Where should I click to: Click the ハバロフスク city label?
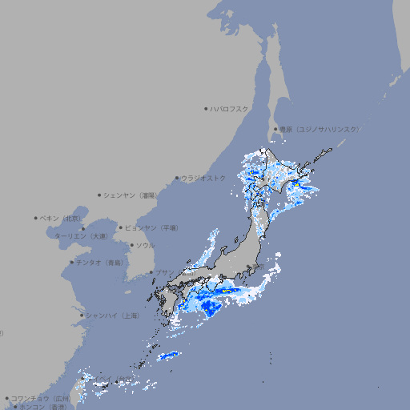(229, 108)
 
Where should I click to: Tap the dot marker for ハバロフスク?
(206, 108)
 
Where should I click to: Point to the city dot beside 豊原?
(275, 129)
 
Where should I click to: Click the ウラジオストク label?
(203, 178)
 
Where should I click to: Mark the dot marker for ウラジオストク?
(177, 178)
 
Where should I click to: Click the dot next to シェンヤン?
(100, 195)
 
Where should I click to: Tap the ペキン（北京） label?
(62, 218)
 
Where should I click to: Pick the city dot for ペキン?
(36, 218)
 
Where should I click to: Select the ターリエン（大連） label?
(81, 236)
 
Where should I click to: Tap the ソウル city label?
(145, 245)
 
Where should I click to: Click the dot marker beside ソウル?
(131, 245)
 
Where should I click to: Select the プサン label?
(163, 272)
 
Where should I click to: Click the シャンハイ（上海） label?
(112, 316)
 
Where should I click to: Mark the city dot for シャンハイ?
(82, 316)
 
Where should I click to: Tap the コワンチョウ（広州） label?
(41, 398)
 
